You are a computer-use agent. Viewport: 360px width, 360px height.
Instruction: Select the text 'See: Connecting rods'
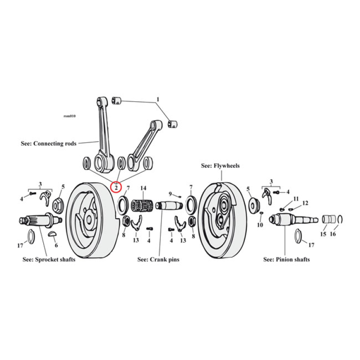coord(49,144)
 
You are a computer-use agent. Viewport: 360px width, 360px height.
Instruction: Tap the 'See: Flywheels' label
coord(220,166)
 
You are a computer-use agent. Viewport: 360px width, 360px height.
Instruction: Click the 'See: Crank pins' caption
coord(158,260)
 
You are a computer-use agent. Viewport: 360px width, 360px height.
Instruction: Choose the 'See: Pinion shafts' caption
coord(286,260)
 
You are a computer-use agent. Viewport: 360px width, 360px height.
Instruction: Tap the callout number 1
coord(158,99)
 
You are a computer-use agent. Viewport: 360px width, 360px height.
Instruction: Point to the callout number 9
coord(170,194)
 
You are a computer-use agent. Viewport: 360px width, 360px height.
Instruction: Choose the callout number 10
coord(260,225)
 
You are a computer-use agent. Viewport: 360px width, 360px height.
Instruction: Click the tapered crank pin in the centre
coord(169,207)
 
